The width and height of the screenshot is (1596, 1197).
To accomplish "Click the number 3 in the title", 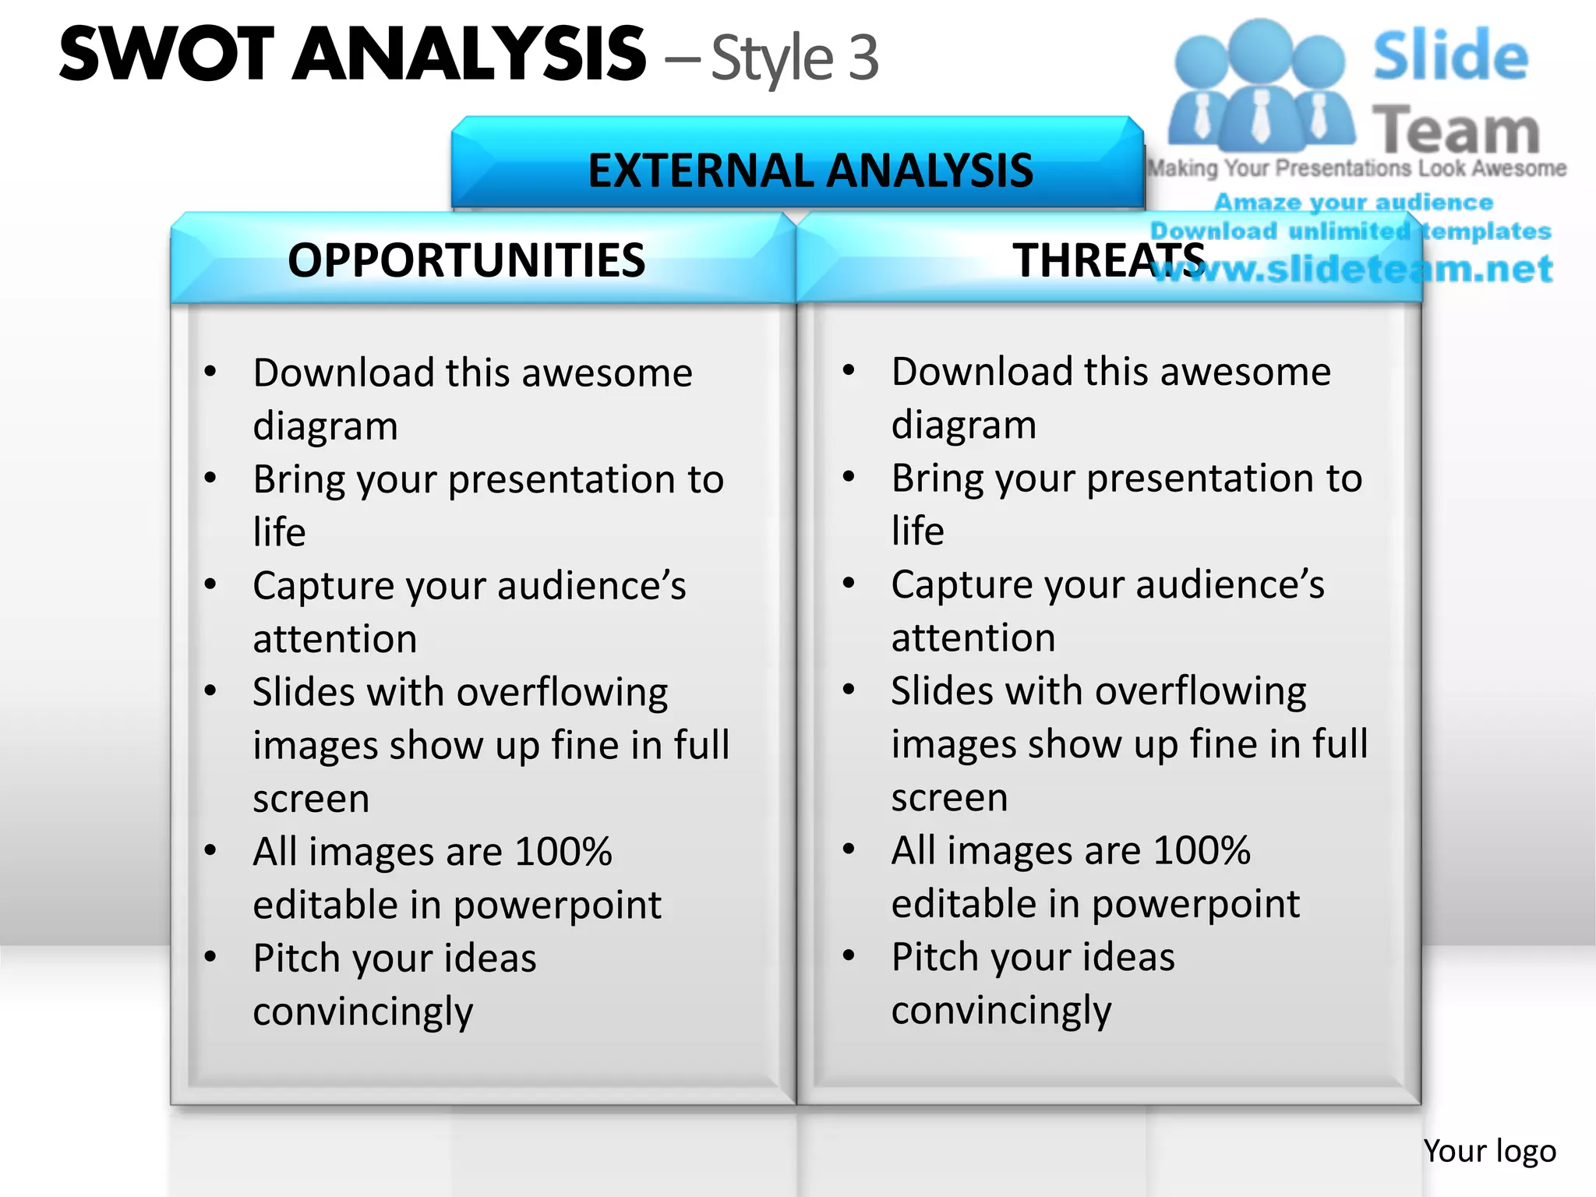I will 863,58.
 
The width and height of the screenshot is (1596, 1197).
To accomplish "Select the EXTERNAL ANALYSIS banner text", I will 810,171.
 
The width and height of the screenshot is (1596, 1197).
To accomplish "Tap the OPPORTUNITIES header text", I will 466,260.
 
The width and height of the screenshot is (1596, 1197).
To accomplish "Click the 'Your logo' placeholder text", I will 1488,1151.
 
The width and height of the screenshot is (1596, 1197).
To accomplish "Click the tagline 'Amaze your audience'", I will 1353,203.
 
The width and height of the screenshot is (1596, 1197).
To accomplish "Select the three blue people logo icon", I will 1260,86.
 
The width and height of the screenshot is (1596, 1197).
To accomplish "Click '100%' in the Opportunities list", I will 563,852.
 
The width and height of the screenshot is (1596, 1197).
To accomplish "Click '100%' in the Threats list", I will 1201,850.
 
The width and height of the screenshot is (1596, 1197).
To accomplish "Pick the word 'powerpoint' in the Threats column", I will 1195,904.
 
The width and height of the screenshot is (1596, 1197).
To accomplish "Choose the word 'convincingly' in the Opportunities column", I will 362,1012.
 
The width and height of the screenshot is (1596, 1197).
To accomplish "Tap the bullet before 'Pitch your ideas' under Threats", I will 849,955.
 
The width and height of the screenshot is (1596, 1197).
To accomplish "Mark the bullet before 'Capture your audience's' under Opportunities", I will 210,584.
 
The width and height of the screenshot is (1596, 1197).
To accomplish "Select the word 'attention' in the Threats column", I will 973,637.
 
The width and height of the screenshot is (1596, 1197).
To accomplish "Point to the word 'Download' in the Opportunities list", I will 344,373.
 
